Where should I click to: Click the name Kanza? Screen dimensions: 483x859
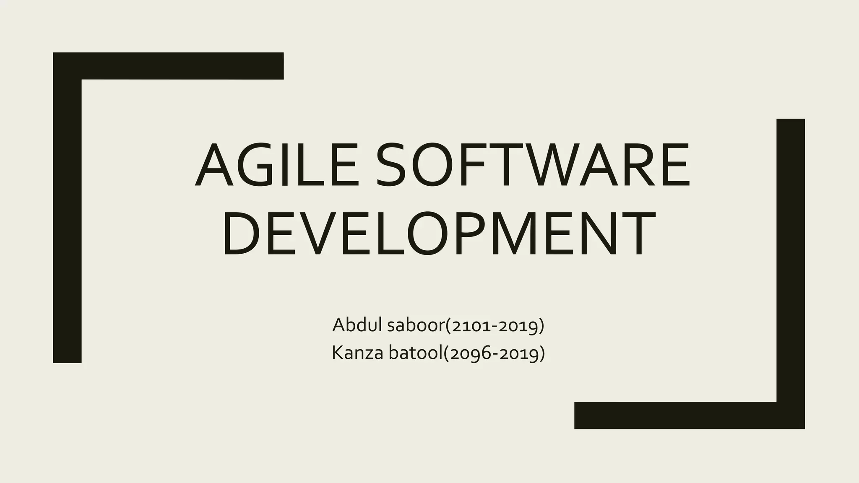(357, 353)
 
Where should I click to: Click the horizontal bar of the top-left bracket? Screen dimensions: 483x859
(180, 66)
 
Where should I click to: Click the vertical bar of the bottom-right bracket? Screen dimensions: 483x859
(791, 260)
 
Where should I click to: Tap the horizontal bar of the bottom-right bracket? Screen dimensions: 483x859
(675, 415)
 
